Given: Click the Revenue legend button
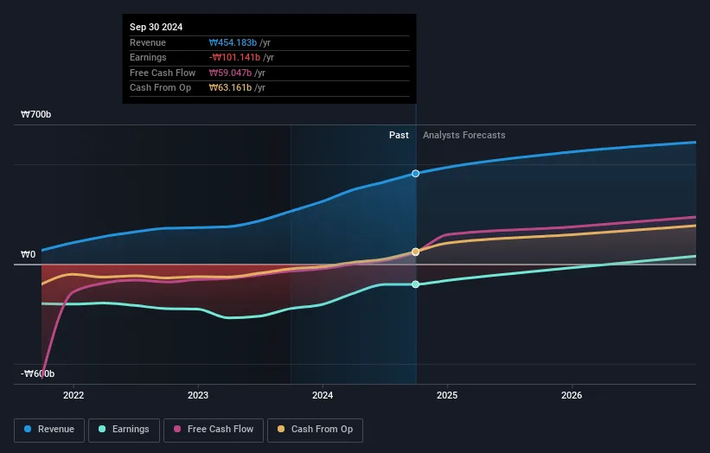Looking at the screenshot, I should (x=49, y=429).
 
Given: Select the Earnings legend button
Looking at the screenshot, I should (x=124, y=429).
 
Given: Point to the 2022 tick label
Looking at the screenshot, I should (x=74, y=396).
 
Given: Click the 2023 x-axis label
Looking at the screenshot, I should (x=198, y=396).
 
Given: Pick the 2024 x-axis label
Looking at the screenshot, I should (x=323, y=396).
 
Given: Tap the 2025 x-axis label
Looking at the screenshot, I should (x=447, y=396).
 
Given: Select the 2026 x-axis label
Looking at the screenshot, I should (x=572, y=396).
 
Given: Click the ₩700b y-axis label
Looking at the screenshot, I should (x=38, y=114).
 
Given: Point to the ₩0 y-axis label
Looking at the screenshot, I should (x=29, y=255).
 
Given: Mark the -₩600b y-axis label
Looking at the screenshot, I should (x=38, y=373).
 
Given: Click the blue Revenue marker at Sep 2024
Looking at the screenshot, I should (x=416, y=174).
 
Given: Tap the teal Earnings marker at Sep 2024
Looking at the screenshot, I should (x=416, y=284).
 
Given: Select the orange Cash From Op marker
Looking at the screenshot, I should (x=416, y=252).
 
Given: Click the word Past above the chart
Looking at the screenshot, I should (x=399, y=135).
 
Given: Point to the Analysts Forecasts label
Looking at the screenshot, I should (x=464, y=135).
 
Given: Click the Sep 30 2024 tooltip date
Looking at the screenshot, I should (x=158, y=28).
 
